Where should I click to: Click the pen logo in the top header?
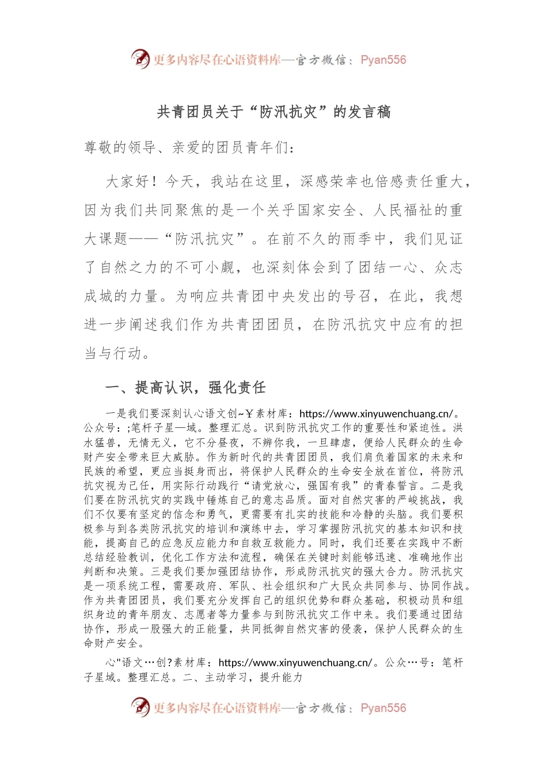pos(140,59)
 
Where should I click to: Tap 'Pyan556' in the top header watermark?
pos(383,60)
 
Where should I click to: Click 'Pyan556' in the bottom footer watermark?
pos(383,708)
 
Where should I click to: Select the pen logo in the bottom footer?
pos(140,707)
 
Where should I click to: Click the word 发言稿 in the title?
pos(370,112)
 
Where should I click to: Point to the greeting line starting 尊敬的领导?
pos(189,148)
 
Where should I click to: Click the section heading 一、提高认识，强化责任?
pos(185,388)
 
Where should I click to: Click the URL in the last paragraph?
pos(295,663)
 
